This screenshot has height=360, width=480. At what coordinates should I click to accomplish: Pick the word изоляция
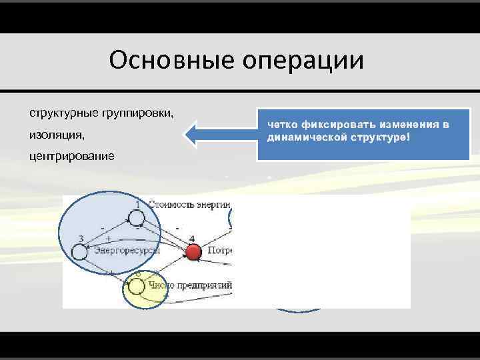click(56, 135)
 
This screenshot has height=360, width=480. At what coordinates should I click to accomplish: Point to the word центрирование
click(72, 156)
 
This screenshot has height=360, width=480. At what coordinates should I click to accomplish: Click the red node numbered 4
click(193, 252)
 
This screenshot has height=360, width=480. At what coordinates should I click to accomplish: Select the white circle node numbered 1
click(136, 217)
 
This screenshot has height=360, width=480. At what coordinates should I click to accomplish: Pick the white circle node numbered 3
click(79, 252)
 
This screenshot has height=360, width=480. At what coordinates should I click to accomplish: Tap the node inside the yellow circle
click(136, 287)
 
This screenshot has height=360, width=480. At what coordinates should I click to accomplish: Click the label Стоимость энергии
click(189, 204)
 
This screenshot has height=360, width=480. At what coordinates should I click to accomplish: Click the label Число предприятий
click(189, 286)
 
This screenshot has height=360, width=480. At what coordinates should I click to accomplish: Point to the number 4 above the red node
click(192, 239)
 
